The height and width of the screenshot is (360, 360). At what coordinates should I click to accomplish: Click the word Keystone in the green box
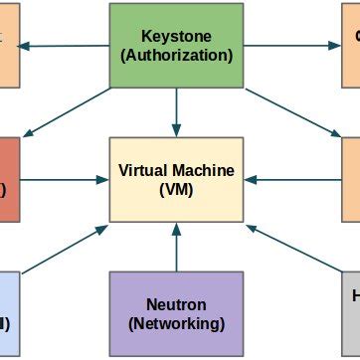(x=175, y=36)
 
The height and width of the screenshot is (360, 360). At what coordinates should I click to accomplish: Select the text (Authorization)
(x=175, y=55)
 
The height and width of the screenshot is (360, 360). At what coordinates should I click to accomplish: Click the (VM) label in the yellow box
(x=176, y=189)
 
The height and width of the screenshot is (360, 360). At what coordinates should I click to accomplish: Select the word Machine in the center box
(x=206, y=170)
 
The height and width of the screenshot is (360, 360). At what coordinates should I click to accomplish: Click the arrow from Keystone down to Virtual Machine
(x=175, y=109)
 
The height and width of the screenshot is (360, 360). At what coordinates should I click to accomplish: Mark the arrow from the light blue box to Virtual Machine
(x=65, y=250)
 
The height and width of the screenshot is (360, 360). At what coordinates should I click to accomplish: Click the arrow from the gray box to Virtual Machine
(x=293, y=250)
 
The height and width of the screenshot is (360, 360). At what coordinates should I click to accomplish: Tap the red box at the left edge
(x=9, y=179)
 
